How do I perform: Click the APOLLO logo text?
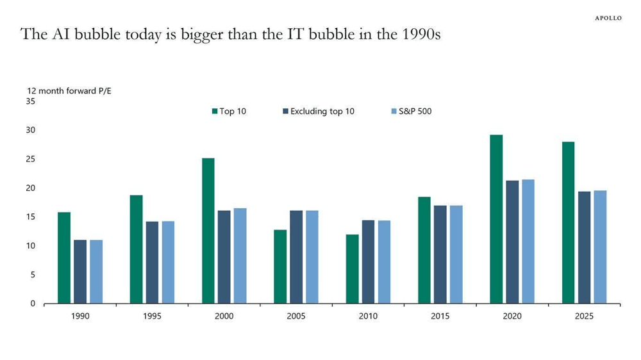pos(608,19)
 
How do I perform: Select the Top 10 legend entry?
pos(229,111)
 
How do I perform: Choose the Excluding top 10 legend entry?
pos(318,111)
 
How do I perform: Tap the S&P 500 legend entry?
pos(411,111)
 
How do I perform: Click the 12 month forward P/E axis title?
pos(69,91)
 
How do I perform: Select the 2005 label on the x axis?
pos(296,316)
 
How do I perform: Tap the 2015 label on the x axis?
pos(440,316)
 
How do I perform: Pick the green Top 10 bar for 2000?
pos(208,231)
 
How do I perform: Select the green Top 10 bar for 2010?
pos(352,269)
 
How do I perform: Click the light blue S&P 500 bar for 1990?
pos(96,272)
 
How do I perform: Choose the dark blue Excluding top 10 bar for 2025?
pos(584,247)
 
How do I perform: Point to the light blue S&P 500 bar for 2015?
pos(456,254)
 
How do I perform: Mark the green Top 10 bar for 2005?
pos(280,266)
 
